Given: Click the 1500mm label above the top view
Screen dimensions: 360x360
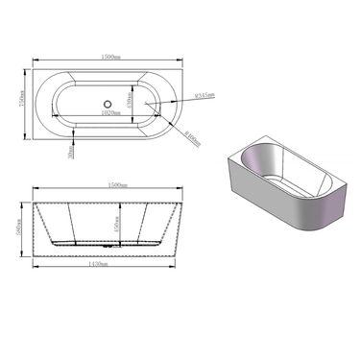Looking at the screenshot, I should (x=111, y=58).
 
